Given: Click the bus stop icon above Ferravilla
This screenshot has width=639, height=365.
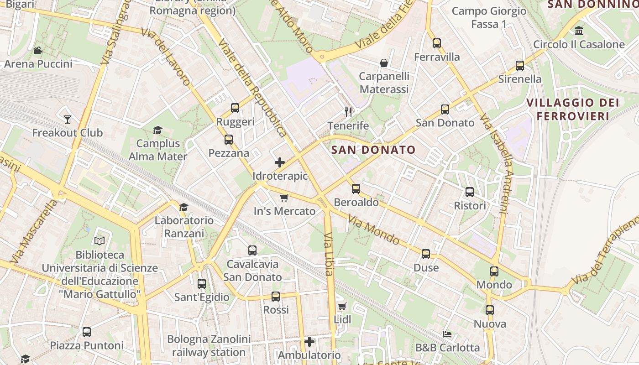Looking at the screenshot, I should [437, 43].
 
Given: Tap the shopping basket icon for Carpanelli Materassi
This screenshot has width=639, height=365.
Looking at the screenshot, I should [384, 63].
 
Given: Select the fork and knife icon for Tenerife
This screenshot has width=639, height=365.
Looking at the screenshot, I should [348, 112].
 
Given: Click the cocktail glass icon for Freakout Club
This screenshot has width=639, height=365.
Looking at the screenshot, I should [68, 120].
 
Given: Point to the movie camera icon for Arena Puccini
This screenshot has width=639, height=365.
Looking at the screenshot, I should [38, 50].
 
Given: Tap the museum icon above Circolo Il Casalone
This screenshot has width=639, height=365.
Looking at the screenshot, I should [579, 31].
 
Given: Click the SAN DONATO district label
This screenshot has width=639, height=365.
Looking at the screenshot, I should [373, 150].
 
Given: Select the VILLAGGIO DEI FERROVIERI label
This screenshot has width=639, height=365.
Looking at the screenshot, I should [573, 109].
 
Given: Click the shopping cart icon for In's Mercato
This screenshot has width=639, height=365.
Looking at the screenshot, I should [284, 198].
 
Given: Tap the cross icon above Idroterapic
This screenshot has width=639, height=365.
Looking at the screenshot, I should [280, 162].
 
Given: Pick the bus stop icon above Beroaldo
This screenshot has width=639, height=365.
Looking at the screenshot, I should [356, 188].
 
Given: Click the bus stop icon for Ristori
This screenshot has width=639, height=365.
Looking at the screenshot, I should [470, 192].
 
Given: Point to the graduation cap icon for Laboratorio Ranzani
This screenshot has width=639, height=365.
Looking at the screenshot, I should [183, 207].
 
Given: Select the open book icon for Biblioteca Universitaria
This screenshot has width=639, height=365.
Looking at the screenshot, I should [100, 240].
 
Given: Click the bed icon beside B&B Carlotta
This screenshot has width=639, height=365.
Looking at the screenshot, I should [447, 334].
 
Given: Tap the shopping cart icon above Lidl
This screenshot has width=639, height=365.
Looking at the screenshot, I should [342, 306].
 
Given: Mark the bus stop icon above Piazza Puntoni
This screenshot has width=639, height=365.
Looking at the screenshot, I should [87, 332].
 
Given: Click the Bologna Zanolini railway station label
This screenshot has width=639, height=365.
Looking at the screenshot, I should [209, 346].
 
